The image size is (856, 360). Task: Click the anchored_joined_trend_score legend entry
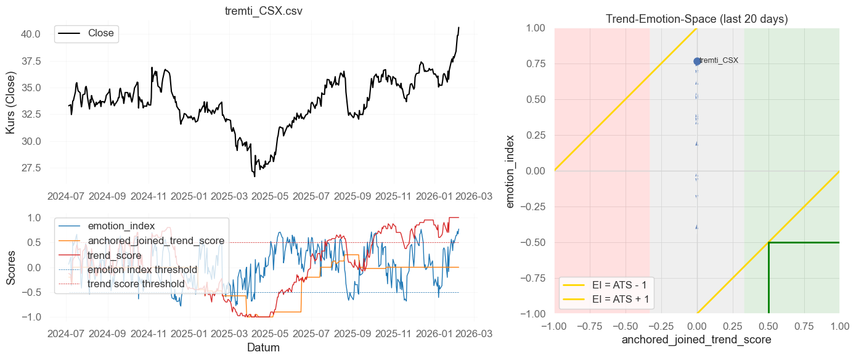(155, 240)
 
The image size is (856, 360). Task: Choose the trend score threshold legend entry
(136, 284)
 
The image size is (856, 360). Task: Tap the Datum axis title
(263, 347)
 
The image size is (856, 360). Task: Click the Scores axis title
(12, 267)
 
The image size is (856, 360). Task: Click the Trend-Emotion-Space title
(696, 18)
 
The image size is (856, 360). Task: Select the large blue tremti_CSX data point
(697, 61)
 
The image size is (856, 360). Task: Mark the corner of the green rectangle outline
(768, 242)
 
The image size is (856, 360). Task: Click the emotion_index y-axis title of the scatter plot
(511, 171)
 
